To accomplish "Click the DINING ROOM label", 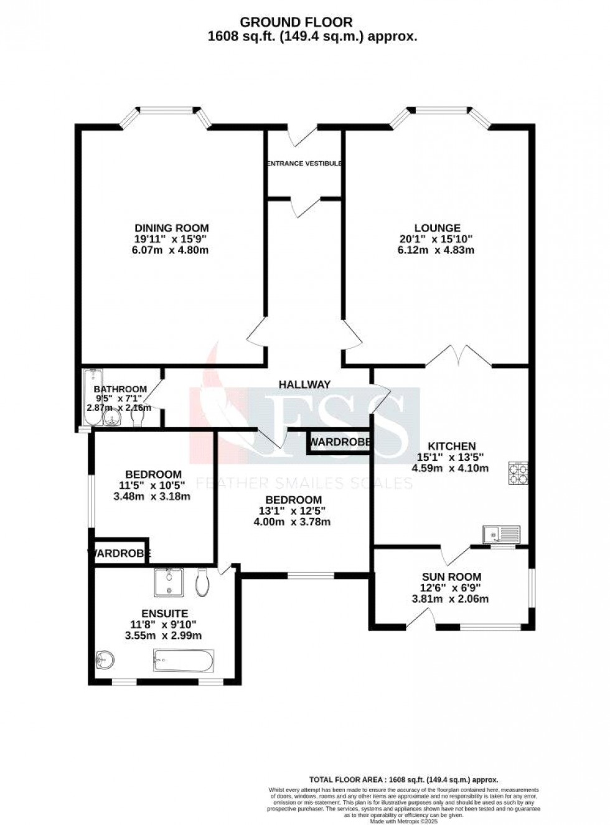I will (x=171, y=228).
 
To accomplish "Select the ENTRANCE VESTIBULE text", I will (x=304, y=164).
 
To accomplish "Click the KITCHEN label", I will (x=452, y=446).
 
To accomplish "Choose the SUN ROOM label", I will (x=451, y=577).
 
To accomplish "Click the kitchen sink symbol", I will (x=502, y=534).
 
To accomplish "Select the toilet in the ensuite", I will (x=202, y=582).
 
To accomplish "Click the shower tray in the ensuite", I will (x=168, y=582).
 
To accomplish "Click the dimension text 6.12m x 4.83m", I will (x=436, y=250).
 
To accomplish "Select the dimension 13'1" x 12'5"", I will (x=292, y=511).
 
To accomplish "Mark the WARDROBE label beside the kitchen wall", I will (x=340, y=443).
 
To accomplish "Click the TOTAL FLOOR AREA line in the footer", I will (x=404, y=779).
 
